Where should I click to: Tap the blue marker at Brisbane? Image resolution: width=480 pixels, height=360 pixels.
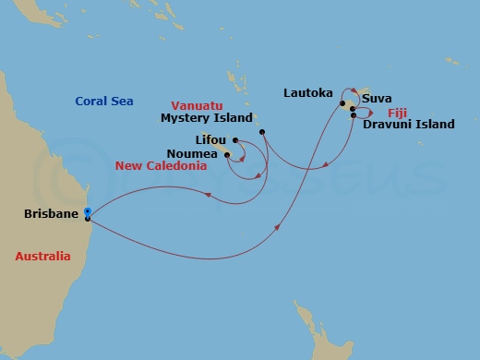[x=87, y=212]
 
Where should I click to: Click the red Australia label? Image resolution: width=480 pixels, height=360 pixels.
[x=42, y=258]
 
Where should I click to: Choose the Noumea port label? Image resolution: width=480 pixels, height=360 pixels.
[x=192, y=153]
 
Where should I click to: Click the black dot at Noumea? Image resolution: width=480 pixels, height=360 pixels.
[x=226, y=155]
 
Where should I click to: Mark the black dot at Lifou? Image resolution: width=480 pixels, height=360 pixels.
[x=236, y=141]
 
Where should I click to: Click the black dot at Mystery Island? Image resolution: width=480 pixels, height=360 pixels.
[x=263, y=132]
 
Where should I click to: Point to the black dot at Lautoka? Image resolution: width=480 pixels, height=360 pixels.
[x=342, y=103]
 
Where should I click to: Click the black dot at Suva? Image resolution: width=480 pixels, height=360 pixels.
[x=353, y=110]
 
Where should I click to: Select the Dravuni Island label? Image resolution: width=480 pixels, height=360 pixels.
[x=408, y=123]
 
